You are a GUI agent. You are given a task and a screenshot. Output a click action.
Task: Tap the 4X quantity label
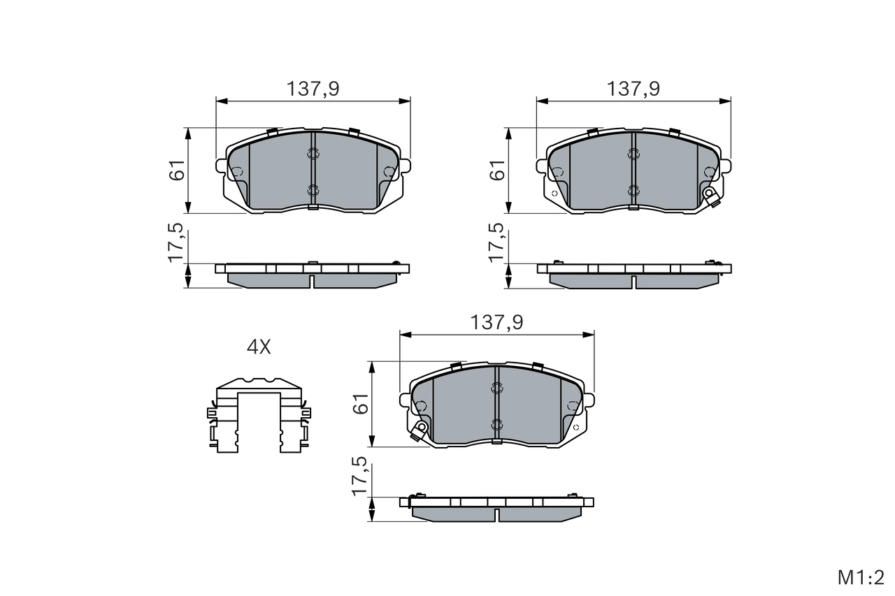click(x=259, y=347)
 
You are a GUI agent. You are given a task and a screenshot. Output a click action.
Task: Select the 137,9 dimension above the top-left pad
click(x=313, y=89)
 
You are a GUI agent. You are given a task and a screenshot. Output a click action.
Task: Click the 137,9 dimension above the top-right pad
click(x=633, y=89)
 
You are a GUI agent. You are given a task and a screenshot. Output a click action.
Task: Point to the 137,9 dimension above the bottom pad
click(x=496, y=322)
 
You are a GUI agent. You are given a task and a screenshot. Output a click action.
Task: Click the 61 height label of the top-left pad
click(x=177, y=170)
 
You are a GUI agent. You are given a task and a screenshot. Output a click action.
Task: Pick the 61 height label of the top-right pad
click(x=498, y=170)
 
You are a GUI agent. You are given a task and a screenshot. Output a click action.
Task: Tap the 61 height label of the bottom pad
click(x=360, y=404)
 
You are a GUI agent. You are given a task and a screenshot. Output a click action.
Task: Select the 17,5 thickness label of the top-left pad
click(x=176, y=242)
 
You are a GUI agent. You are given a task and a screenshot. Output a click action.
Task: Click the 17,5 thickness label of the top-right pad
click(x=496, y=242)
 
